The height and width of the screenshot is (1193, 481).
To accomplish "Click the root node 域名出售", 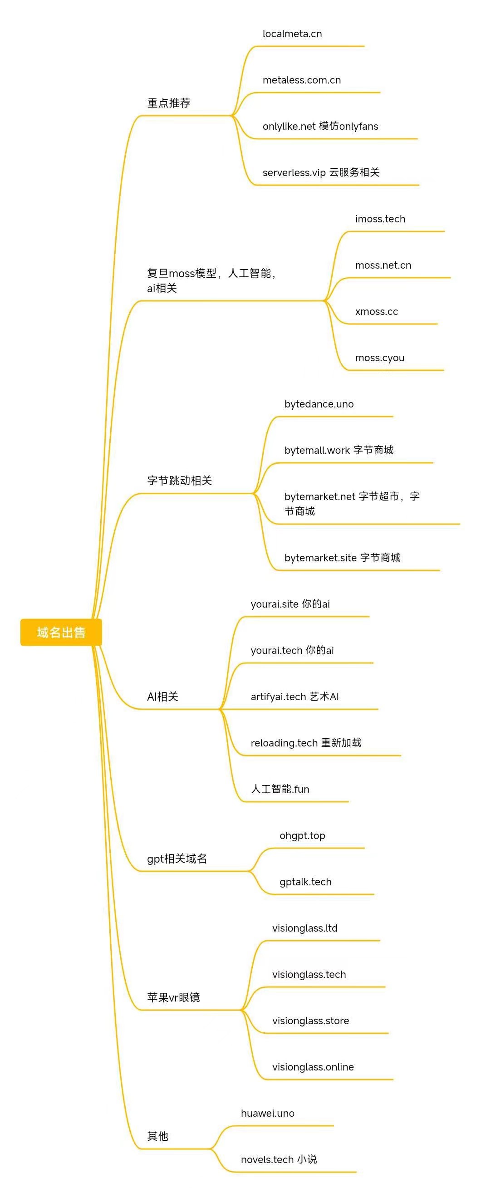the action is coord(61,632).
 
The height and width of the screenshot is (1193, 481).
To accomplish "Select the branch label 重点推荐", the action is coord(168,103).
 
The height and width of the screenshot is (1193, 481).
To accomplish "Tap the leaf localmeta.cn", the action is coord(292,34).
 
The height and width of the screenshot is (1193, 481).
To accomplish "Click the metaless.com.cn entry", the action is coord(301,80).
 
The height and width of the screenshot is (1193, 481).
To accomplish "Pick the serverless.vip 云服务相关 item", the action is coord(321,172).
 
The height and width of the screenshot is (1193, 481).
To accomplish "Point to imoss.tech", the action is coord(380,219).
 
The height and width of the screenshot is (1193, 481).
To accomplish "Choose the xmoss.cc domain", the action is coord(376,312).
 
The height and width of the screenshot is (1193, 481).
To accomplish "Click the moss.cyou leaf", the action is coord(380,358).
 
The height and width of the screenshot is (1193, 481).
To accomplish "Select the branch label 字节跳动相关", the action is coord(179,481).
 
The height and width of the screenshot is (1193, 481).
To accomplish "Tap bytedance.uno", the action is coord(319,404).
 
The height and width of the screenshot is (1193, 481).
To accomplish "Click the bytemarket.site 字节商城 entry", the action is coord(342,558).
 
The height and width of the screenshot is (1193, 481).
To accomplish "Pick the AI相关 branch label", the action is coord(162,697).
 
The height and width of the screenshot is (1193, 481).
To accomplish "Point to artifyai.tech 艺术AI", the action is coord(295,697).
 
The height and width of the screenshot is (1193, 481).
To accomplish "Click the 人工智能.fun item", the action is coord(280,789).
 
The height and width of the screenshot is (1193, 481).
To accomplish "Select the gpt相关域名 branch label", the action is coord(177,859).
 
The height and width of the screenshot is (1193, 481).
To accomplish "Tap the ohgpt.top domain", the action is coord(302,835).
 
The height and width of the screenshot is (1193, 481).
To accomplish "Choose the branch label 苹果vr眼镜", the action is coord(173,997).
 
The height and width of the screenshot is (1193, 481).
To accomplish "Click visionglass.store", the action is coord(311,1021).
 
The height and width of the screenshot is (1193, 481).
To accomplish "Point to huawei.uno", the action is coord(268,1113).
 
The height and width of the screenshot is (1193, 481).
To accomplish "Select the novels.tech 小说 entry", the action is coord(279,1160).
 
